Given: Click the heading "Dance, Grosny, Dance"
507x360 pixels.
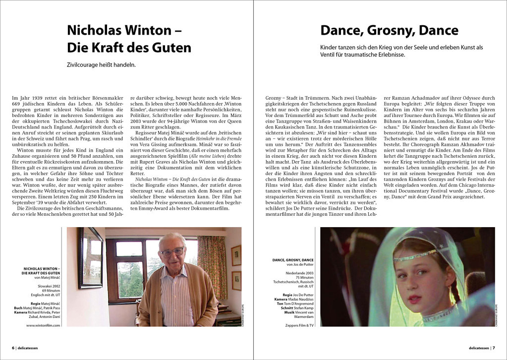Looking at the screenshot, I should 389,30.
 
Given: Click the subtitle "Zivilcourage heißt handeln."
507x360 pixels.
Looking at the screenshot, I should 101,64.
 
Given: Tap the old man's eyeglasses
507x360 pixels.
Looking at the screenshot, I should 172,252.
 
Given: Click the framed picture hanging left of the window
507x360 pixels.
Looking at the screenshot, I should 90,258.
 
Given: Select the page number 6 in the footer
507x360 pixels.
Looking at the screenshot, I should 13,348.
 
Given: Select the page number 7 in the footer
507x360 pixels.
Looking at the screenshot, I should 494,348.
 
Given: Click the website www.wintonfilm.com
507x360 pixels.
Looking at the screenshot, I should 43,325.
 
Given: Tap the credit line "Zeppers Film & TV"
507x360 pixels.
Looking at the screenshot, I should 300,325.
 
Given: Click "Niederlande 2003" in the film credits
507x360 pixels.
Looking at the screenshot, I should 299,273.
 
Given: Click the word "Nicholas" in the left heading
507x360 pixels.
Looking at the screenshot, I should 94,30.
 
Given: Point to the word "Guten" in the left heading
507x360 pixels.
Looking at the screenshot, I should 169,48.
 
